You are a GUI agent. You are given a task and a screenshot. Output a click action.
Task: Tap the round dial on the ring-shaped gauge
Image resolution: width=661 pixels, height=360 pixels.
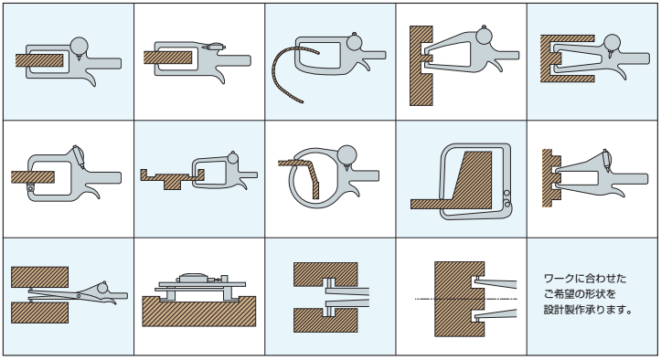[346, 155]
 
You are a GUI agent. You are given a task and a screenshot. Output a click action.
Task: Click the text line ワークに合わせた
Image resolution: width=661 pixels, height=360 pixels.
[585, 278]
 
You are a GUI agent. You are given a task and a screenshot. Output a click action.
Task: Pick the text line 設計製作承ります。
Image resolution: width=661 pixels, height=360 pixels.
[588, 310]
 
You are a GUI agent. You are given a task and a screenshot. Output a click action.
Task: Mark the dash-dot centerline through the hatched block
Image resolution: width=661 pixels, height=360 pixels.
[466, 299]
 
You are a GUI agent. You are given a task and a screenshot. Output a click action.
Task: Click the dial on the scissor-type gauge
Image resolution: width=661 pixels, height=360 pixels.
[102, 288]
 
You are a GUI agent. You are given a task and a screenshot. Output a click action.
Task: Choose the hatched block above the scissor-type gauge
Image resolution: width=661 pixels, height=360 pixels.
[39, 277]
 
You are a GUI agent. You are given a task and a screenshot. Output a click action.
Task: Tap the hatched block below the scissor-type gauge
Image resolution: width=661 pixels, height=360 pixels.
[39, 312]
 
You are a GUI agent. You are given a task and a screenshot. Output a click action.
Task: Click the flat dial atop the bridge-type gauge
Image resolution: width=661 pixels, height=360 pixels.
[192, 277]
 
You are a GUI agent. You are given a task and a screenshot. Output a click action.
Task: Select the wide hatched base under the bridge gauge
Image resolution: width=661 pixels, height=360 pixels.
[199, 312]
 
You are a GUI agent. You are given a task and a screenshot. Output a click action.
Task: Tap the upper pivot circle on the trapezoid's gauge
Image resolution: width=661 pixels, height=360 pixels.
[506, 193]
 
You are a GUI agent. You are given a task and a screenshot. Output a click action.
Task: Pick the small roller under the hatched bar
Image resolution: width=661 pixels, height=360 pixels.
[30, 188]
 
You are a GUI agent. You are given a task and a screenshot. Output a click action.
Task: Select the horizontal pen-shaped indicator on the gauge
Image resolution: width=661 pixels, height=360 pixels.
[214, 47]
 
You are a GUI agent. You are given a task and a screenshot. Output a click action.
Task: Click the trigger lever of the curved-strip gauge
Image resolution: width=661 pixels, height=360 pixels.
[363, 64]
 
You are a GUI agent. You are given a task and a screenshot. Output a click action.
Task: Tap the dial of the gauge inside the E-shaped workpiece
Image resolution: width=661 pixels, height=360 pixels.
[612, 43]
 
